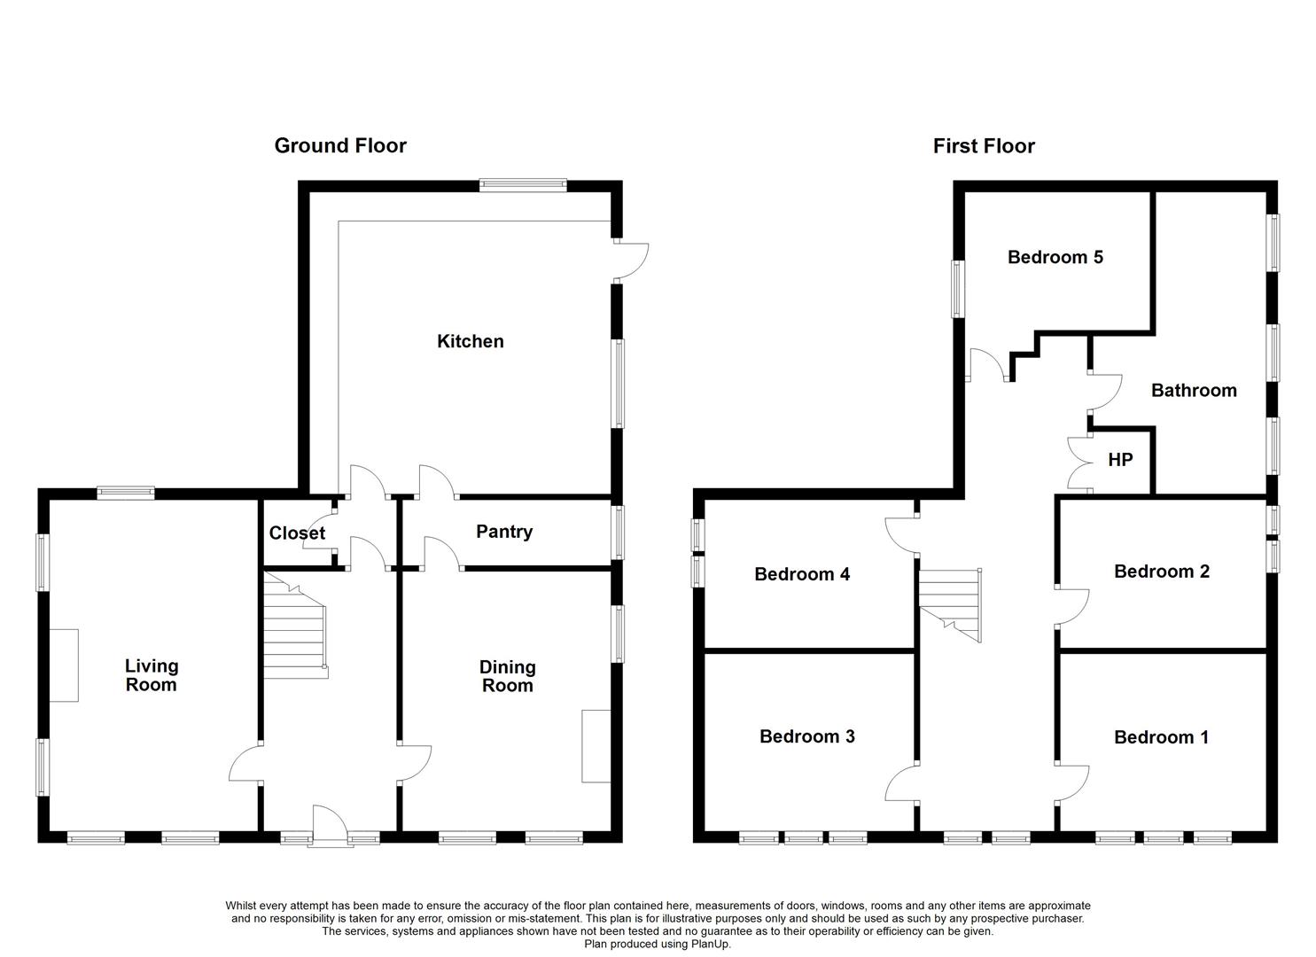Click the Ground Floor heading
(x=340, y=145)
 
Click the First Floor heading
(x=984, y=145)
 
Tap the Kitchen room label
(x=470, y=341)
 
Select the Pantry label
(x=504, y=532)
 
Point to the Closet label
(x=297, y=533)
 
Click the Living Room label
(x=151, y=675)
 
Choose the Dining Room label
(x=507, y=676)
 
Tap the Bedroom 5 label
(x=1055, y=257)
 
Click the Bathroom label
(x=1194, y=391)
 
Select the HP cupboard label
(x=1120, y=460)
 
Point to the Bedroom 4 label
(x=802, y=574)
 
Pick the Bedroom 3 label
(x=806, y=736)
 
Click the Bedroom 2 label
(x=1162, y=572)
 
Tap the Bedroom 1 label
(x=1162, y=737)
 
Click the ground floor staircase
(x=295, y=626)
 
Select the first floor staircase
(x=950, y=605)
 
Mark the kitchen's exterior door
(x=632, y=261)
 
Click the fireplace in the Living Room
(x=64, y=665)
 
